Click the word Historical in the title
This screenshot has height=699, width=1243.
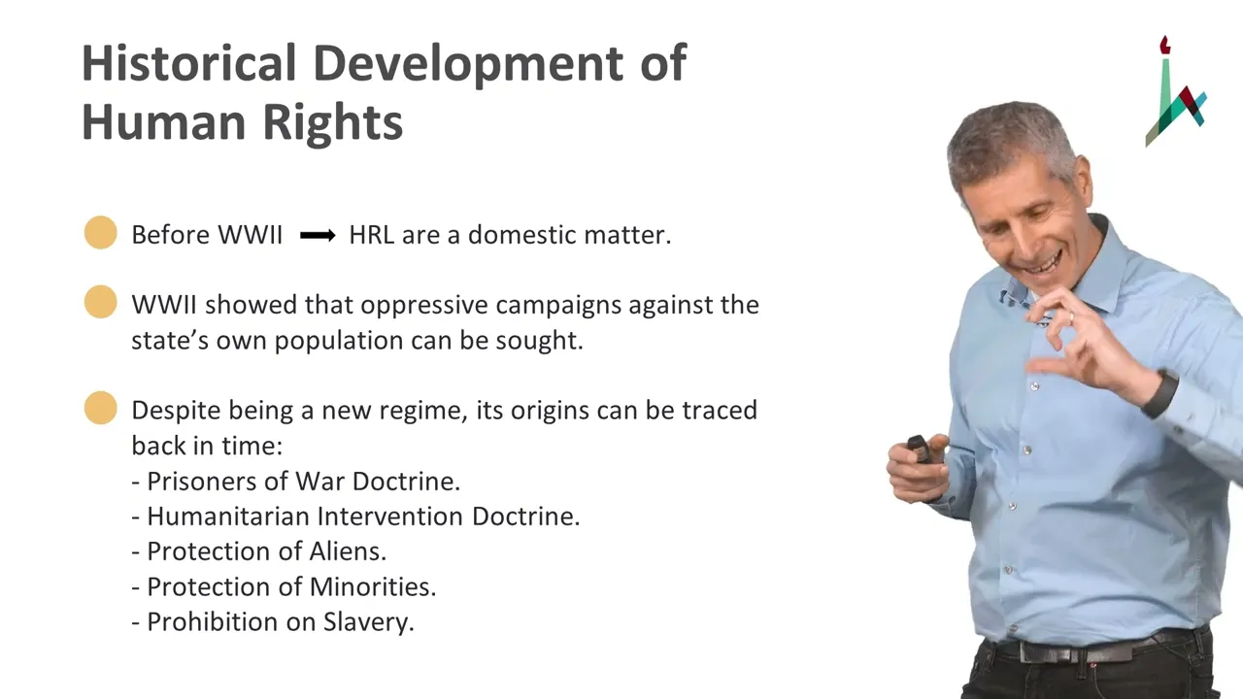coord(188,63)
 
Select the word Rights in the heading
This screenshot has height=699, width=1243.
coord(332,122)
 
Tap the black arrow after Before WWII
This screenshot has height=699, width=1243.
coord(318,236)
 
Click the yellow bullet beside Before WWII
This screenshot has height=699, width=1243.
coord(100,232)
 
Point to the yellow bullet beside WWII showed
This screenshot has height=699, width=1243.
coord(100,302)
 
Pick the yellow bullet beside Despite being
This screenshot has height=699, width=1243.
coord(100,408)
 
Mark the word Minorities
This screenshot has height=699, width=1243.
coord(373,587)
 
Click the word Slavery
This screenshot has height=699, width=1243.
coord(369,622)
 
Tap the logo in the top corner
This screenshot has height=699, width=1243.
coord(1175,91)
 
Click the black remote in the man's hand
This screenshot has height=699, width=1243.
coord(919,449)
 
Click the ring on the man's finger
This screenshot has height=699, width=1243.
coord(1071,316)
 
